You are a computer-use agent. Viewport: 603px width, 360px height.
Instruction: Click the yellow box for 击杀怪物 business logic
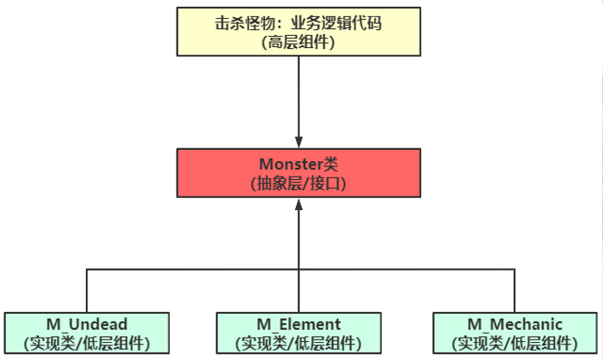pyautogui.click(x=298, y=31)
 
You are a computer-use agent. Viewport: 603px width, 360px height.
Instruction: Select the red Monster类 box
pyautogui.click(x=298, y=172)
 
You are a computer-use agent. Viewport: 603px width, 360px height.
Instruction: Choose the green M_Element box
pyautogui.click(x=298, y=334)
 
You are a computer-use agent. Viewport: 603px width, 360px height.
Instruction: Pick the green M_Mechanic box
pyautogui.click(x=514, y=334)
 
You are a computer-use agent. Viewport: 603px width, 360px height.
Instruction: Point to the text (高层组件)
pyautogui.click(x=298, y=40)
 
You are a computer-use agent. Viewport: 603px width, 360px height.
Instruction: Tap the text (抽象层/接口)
pyautogui.click(x=298, y=183)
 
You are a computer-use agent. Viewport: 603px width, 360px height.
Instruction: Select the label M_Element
pyautogui.click(x=298, y=324)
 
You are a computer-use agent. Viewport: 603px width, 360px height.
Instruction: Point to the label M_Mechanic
pyautogui.click(x=514, y=324)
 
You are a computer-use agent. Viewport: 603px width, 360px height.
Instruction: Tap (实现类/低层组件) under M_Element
pyautogui.click(x=298, y=344)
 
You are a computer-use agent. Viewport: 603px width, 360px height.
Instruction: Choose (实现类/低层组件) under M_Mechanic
pyautogui.click(x=514, y=344)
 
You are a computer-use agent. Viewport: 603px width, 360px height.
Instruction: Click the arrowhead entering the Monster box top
pyautogui.click(x=298, y=141)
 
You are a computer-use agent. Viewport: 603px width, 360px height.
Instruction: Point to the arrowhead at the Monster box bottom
pyautogui.click(x=298, y=205)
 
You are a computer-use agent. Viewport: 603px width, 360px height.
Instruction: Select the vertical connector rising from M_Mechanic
pyautogui.click(x=514, y=291)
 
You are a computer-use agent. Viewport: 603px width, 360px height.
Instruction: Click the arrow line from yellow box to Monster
pyautogui.click(x=298, y=94)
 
